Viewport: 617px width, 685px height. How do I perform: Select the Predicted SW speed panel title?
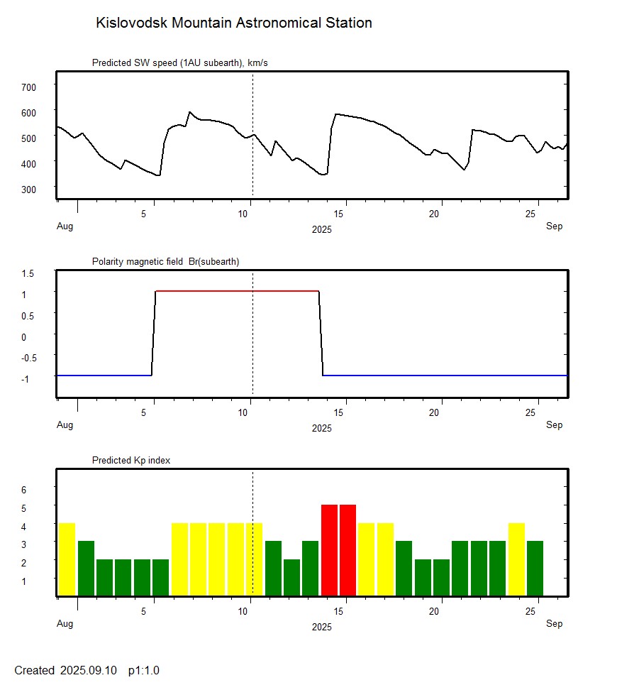pyautogui.click(x=179, y=63)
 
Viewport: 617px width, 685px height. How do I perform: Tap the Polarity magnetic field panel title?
pyautogui.click(x=165, y=262)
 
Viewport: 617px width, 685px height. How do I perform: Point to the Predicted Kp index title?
pyautogui.click(x=131, y=461)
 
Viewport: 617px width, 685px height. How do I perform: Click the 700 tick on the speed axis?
pyautogui.click(x=28, y=87)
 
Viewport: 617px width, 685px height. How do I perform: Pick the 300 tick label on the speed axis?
pyautogui.click(x=28, y=189)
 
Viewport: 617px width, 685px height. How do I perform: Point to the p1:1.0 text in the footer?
pyautogui.click(x=144, y=670)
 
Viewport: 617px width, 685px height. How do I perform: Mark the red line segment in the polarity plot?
pyautogui.click(x=237, y=291)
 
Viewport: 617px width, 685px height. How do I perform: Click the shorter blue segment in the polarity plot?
pyautogui.click(x=104, y=375)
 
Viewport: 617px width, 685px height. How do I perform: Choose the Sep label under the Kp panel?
pyautogui.click(x=554, y=624)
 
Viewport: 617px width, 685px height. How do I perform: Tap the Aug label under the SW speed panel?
pyautogui.click(x=65, y=226)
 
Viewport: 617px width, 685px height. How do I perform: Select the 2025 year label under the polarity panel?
pyautogui.click(x=322, y=428)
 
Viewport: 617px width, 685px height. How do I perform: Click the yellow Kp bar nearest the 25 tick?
pyautogui.click(x=516, y=559)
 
